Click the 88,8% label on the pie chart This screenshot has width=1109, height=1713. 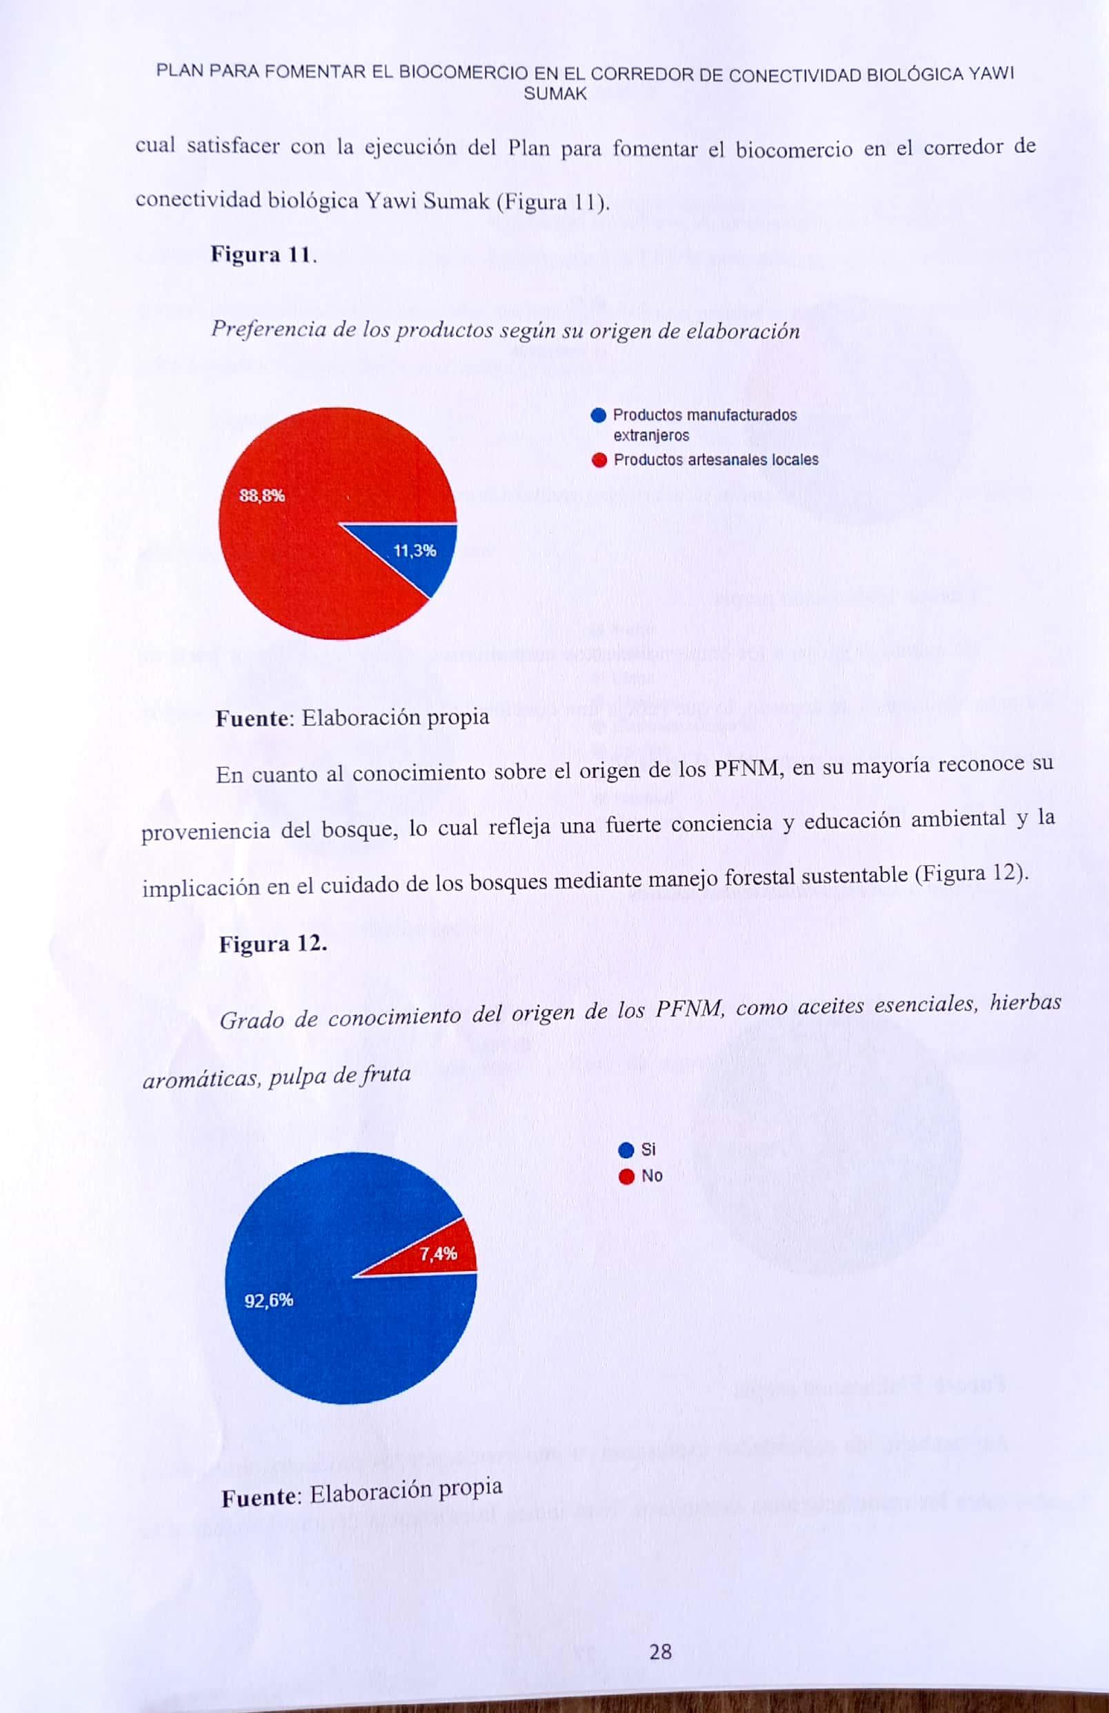click(262, 496)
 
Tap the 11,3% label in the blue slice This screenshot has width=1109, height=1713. click(414, 550)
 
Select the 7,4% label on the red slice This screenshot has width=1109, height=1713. click(438, 1254)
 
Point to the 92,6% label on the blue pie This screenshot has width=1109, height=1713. click(268, 1301)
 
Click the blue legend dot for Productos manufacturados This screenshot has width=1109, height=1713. click(598, 416)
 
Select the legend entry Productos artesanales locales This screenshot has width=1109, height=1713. click(715, 460)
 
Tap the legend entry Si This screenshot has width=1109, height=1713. click(648, 1150)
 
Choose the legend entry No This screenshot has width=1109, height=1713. click(651, 1176)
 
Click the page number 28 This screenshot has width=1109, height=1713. click(660, 1632)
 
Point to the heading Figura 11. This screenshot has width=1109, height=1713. click(262, 254)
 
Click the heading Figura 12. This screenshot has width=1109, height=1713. click(272, 943)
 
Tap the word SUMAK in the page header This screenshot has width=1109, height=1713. click(555, 94)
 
